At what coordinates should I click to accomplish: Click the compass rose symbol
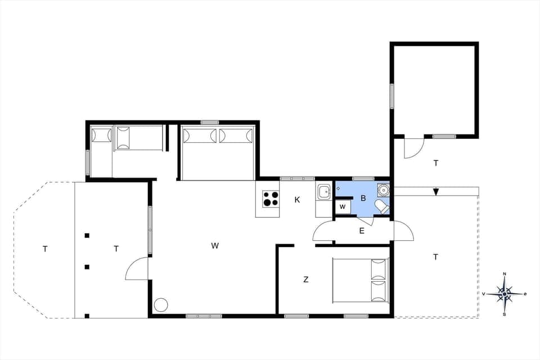[x=505, y=294]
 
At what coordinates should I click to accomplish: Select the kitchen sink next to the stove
[x=324, y=192]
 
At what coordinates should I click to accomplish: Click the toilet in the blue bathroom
[x=382, y=206]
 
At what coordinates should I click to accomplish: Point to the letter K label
[x=297, y=200]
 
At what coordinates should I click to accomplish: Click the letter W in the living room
[x=215, y=245]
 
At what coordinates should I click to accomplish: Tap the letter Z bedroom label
[x=306, y=280]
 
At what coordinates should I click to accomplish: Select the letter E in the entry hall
[x=362, y=230]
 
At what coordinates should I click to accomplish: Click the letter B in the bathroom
[x=363, y=198]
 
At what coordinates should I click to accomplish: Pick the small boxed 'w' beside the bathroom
[x=343, y=207]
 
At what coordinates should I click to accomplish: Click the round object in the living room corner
[x=161, y=305]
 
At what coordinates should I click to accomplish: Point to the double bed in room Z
[x=361, y=280]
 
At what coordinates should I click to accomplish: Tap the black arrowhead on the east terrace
[x=436, y=192]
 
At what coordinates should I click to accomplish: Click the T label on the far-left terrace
[x=45, y=249]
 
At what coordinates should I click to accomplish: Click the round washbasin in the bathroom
[x=383, y=190]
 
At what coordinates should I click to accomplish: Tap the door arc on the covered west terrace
[x=137, y=268]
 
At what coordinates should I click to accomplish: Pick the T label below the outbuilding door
[x=435, y=163]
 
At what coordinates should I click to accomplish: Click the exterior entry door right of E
[x=403, y=231]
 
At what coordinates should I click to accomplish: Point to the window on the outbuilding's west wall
[x=391, y=96]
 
